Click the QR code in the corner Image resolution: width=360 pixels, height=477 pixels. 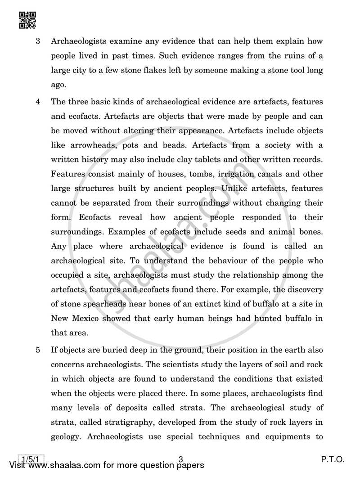[x=28, y=20]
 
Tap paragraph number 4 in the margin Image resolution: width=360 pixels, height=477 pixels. [x=38, y=102]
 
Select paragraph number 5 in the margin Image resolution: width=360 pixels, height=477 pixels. [x=38, y=350]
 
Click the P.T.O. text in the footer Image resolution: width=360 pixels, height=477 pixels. [x=333, y=459]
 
